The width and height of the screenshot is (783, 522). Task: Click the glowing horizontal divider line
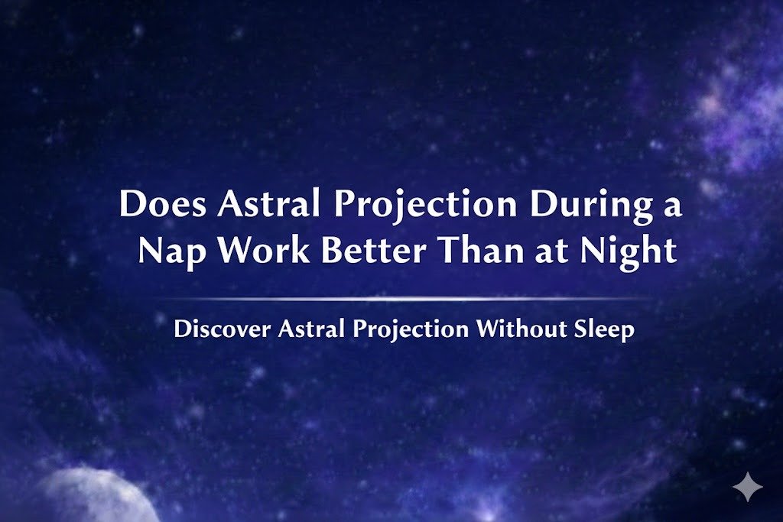point(405,299)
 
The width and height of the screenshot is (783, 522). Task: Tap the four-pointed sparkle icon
point(746,487)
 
